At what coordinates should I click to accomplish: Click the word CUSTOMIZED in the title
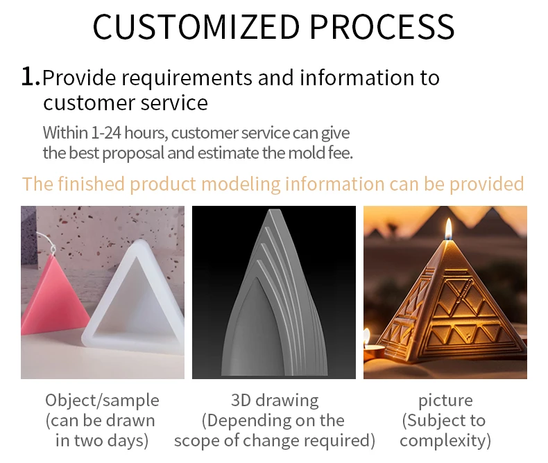coord(196,26)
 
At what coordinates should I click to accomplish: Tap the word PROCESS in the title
coord(382,26)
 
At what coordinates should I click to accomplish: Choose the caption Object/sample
coord(102,400)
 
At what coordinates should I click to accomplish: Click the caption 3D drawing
coord(275,400)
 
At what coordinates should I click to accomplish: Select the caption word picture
coord(445,400)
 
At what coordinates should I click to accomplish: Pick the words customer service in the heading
coord(125,103)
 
